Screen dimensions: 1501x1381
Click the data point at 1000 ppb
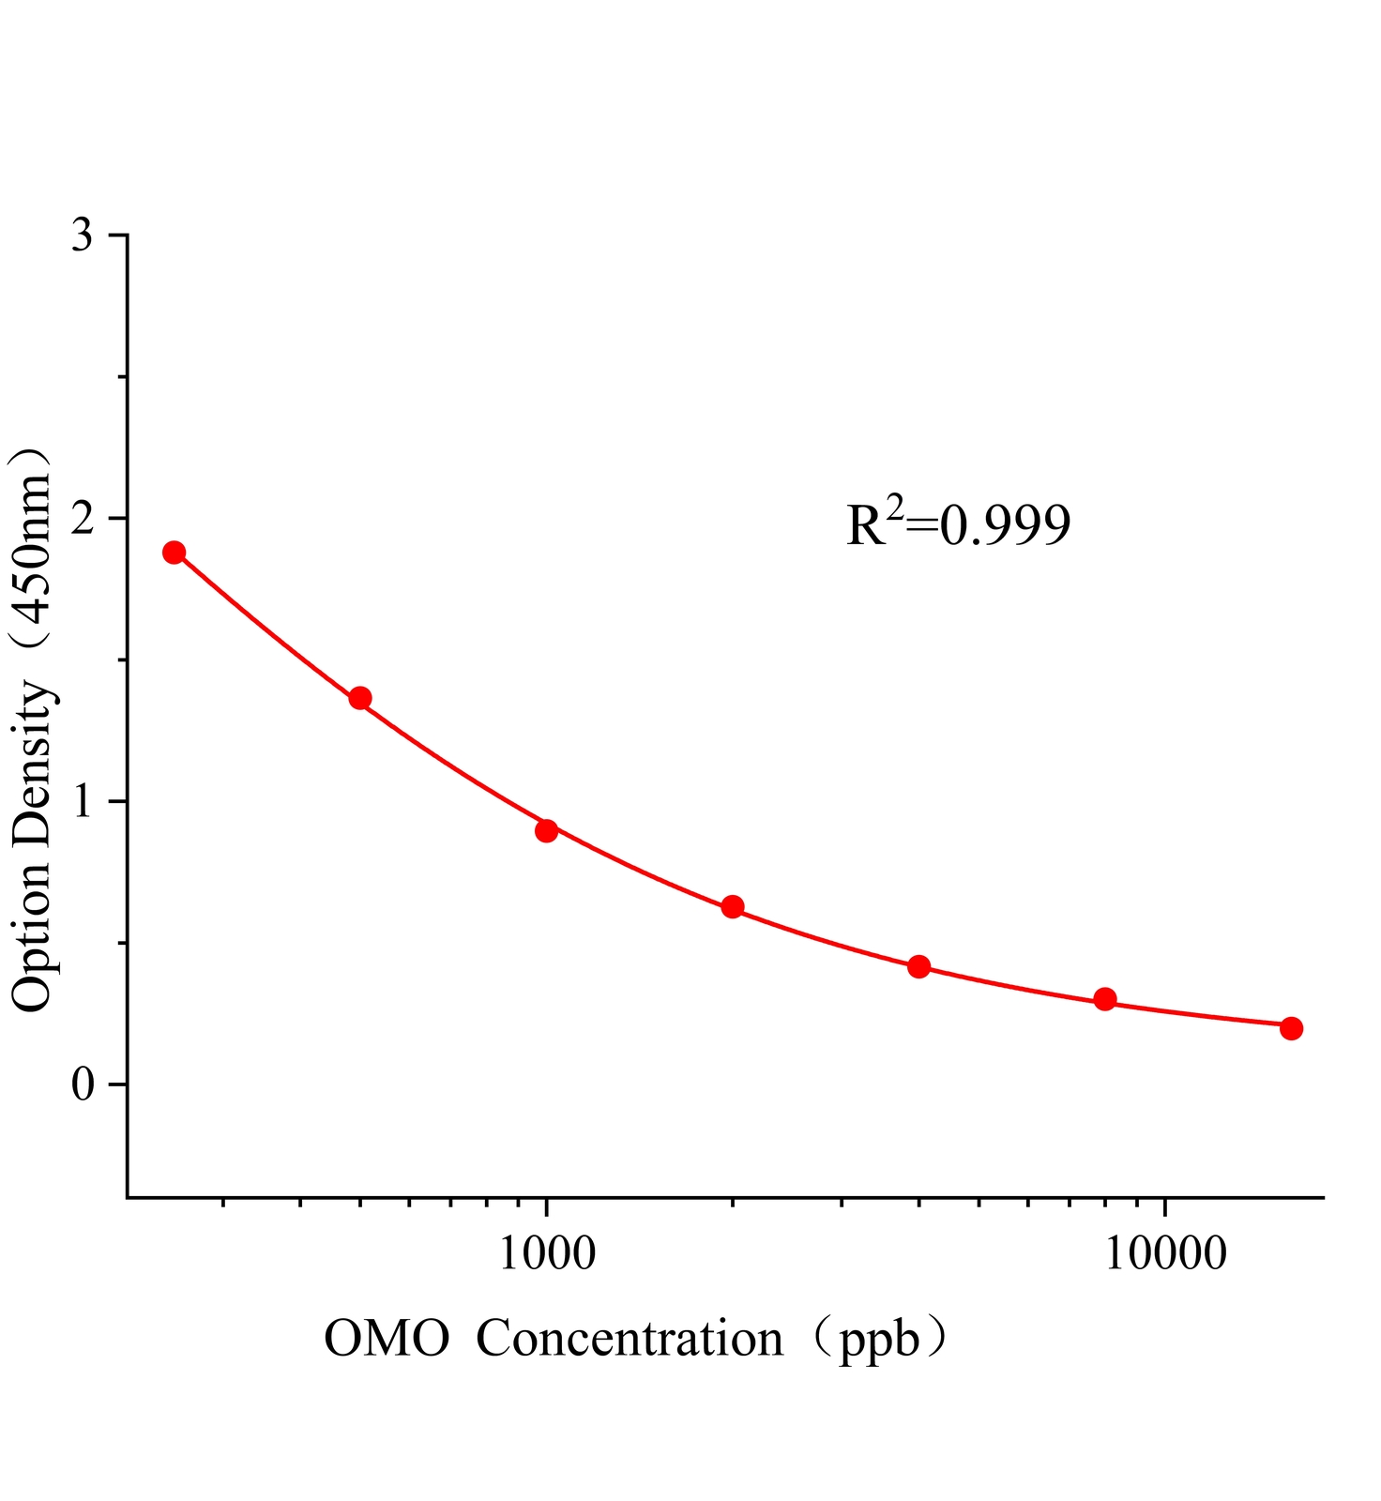coord(546,830)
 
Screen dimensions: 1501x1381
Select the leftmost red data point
coord(174,552)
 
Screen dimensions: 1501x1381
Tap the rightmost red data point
coord(1291,1028)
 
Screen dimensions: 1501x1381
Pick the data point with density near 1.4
coord(360,698)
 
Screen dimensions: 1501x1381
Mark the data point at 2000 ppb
coord(733,906)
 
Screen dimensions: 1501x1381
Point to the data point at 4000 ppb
coord(918,966)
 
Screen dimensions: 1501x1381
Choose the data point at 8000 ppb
coord(1105,999)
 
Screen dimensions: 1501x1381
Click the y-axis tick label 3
coord(83,235)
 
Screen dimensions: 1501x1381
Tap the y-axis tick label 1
coord(83,801)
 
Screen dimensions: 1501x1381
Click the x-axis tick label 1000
coord(546,1254)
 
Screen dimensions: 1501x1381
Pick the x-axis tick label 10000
coord(1164,1254)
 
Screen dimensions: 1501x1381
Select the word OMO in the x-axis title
coord(387,1340)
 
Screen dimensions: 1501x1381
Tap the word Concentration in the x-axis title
coord(630,1340)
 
